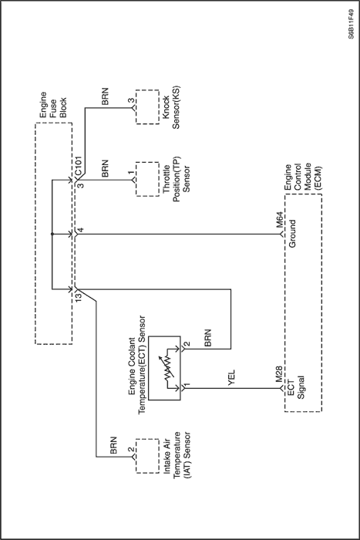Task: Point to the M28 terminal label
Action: (x=279, y=374)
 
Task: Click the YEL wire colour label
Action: (x=231, y=378)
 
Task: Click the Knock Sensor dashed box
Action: (x=147, y=106)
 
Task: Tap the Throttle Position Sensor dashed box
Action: (x=147, y=179)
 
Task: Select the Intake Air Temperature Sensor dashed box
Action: (x=147, y=456)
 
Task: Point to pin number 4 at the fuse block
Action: (x=80, y=230)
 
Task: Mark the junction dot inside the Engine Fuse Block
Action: (x=52, y=235)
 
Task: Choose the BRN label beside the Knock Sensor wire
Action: (x=106, y=96)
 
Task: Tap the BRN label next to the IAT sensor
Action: (x=113, y=445)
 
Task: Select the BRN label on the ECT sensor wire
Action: (x=207, y=338)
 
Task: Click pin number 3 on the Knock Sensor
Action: (x=131, y=100)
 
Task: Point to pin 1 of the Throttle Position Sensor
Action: (x=131, y=173)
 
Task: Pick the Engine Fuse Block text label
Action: (x=53, y=105)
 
